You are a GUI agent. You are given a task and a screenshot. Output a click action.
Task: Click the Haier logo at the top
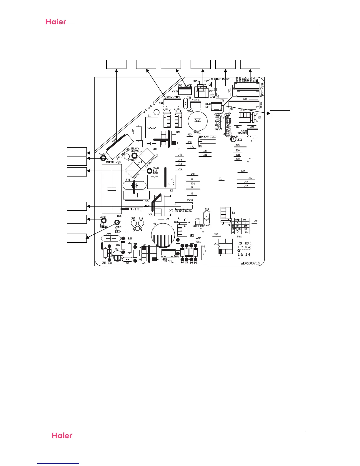tap(56, 21)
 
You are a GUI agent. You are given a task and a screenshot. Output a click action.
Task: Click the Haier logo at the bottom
tap(62, 435)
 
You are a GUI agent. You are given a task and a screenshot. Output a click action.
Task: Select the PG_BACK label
tap(185, 86)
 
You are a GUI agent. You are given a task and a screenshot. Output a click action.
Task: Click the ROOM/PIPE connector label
tap(173, 97)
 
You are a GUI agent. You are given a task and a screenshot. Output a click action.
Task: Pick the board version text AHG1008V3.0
tap(250, 263)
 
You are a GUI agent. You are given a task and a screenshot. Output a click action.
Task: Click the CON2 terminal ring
tap(103, 158)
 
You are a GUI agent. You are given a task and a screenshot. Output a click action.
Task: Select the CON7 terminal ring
tap(117, 222)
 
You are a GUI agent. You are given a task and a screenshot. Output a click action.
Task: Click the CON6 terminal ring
tap(149, 171)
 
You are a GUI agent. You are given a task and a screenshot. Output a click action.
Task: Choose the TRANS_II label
tap(169, 261)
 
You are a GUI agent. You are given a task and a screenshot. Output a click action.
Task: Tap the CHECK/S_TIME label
tap(206, 137)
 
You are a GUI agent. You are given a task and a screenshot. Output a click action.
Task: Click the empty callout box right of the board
tap(280, 114)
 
